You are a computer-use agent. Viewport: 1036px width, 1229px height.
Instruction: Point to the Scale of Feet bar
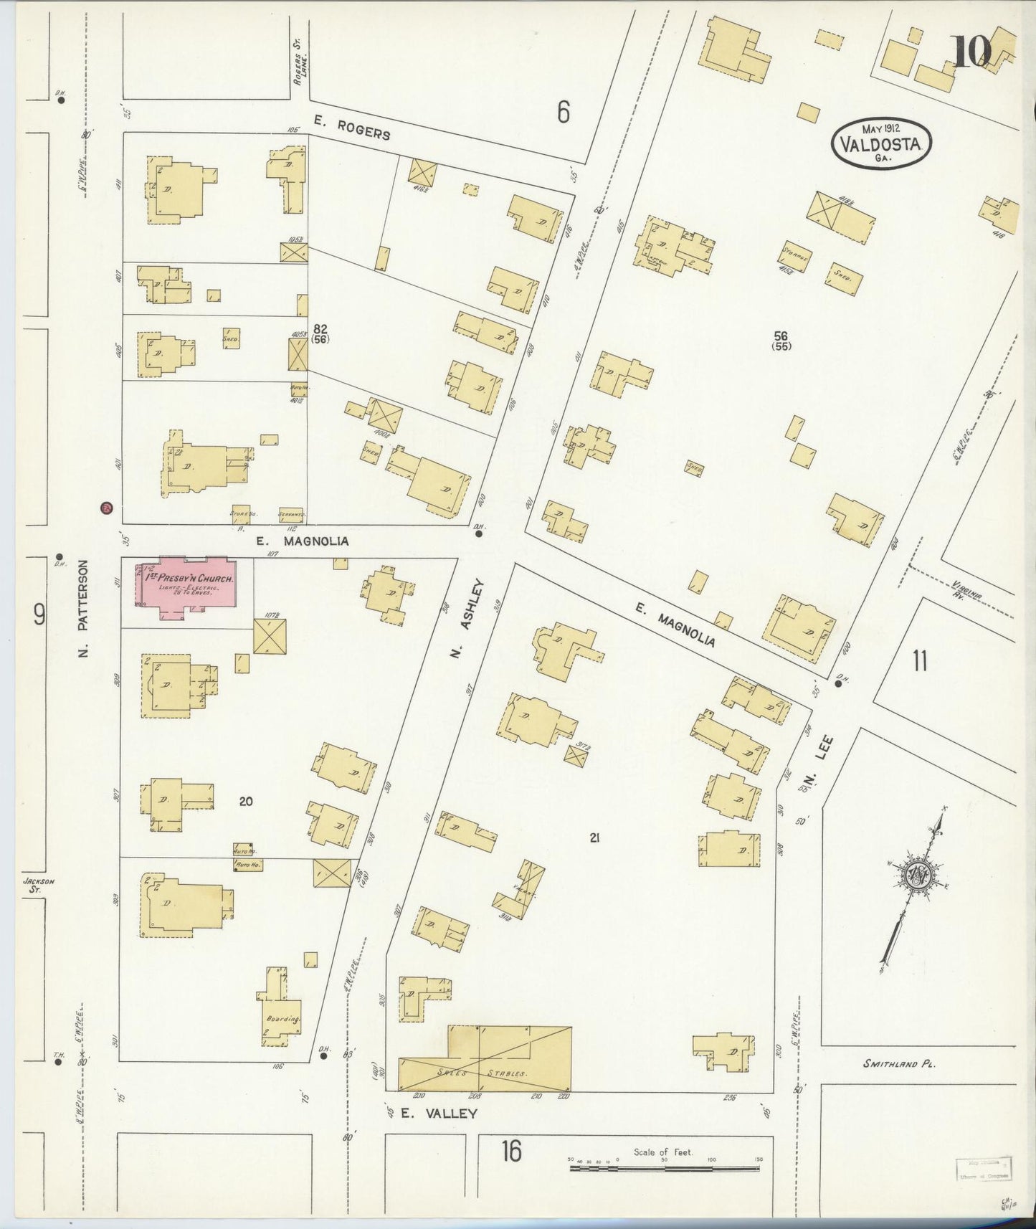pyautogui.click(x=665, y=1169)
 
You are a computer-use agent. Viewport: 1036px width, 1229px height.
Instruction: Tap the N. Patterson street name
pyautogui.click(x=83, y=609)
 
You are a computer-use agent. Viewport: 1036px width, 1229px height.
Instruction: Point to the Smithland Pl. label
pyautogui.click(x=900, y=1064)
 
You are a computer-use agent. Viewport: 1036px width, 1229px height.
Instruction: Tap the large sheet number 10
pyautogui.click(x=971, y=52)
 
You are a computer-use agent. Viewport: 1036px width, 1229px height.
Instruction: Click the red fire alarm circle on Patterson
pyautogui.click(x=107, y=508)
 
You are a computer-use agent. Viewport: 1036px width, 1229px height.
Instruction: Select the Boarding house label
pyautogui.click(x=283, y=1019)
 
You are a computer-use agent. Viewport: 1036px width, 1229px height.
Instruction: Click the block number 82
pyautogui.click(x=320, y=328)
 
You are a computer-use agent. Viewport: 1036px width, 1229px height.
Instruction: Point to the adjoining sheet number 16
pyautogui.click(x=510, y=1152)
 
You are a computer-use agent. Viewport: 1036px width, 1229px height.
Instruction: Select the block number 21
pyautogui.click(x=594, y=836)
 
